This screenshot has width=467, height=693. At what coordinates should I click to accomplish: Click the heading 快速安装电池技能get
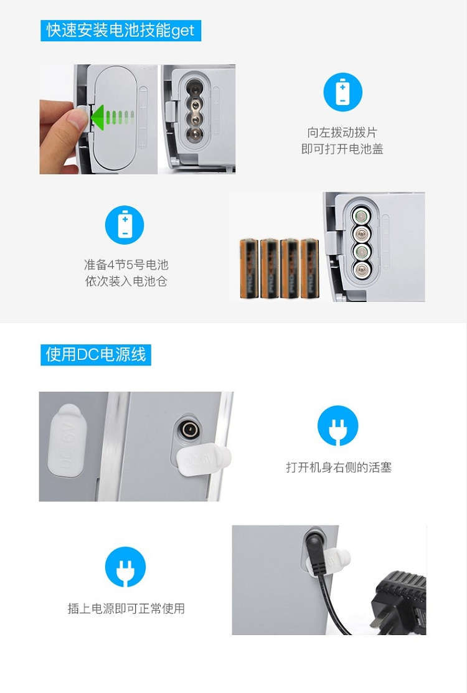[120, 31]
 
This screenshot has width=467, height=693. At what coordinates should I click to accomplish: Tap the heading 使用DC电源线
[96, 354]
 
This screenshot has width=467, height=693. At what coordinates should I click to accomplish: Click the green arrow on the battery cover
[112, 118]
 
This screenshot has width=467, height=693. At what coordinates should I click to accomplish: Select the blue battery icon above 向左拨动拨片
[343, 92]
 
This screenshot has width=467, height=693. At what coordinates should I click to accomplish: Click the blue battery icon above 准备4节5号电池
[125, 225]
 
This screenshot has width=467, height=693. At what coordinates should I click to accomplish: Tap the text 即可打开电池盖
[342, 149]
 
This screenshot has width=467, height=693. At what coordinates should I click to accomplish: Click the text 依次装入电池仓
[126, 281]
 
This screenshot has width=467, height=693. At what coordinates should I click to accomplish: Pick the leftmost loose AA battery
[248, 268]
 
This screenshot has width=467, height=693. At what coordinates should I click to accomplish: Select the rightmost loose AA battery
[309, 268]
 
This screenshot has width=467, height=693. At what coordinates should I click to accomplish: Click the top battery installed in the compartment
[361, 216]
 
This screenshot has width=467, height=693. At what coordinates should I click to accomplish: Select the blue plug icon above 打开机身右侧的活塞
[338, 425]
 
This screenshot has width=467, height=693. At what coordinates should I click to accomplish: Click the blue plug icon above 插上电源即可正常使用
[126, 567]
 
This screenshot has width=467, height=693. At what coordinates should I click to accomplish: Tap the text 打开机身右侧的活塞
[339, 467]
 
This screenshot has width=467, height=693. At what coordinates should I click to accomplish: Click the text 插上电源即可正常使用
[126, 608]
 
